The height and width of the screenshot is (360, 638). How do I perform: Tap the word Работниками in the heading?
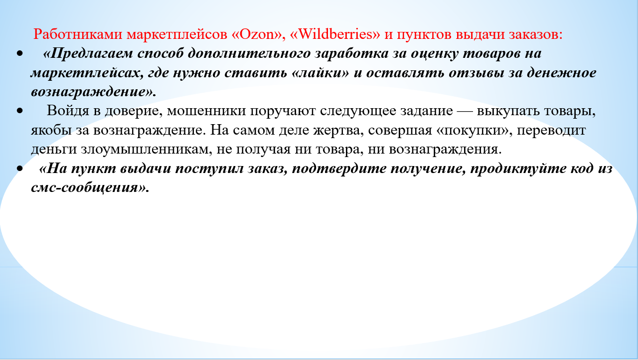point(78,34)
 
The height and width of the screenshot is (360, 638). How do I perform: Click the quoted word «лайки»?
point(320,73)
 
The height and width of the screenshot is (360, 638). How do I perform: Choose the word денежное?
point(561,73)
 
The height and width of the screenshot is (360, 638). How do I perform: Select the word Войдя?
point(68,111)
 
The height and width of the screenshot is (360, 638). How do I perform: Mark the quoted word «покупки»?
point(474,131)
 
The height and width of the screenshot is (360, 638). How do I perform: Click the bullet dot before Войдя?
point(19,111)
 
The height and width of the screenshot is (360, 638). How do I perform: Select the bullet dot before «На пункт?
point(19,169)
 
